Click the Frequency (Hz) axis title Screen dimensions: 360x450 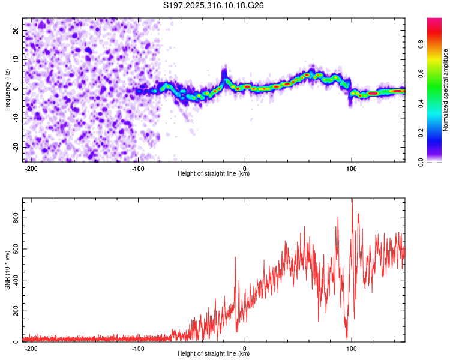pyautogui.click(x=7, y=89)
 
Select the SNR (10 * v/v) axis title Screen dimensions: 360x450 pyautogui.click(x=7, y=269)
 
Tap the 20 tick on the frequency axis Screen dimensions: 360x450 pyautogui.click(x=17, y=30)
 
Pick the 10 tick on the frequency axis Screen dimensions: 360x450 pyautogui.click(x=17, y=59)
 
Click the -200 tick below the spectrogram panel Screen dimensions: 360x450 pyautogui.click(x=32, y=167)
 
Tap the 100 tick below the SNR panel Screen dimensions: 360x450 pyautogui.click(x=351, y=347)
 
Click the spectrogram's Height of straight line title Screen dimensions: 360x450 pyautogui.click(x=214, y=174)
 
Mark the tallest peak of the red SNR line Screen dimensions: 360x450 pyautogui.click(x=352, y=200)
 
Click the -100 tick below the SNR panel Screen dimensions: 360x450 pyautogui.click(x=138, y=347)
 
